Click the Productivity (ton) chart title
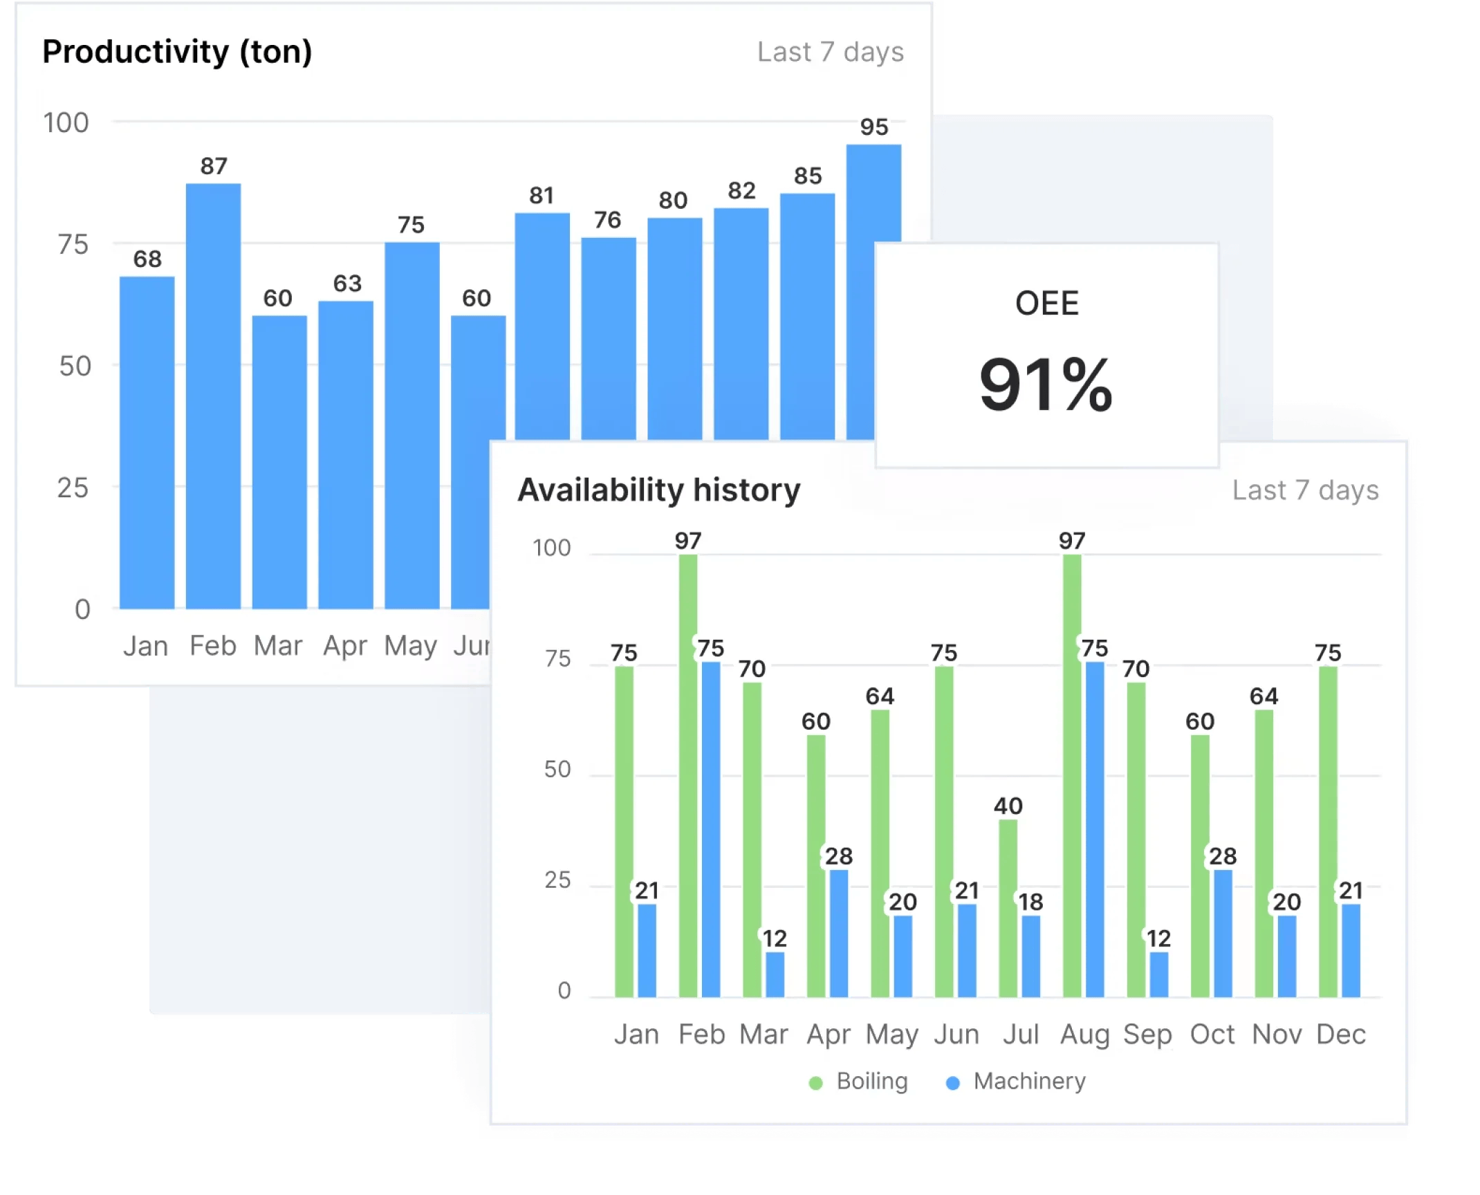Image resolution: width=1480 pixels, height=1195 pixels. (x=177, y=52)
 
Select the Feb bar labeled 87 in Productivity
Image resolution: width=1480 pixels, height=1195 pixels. (x=213, y=394)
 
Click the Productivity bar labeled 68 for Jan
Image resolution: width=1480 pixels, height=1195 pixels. (x=147, y=443)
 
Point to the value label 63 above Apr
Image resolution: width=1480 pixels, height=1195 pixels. (x=347, y=284)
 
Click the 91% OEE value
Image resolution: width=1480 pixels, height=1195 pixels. (x=1046, y=385)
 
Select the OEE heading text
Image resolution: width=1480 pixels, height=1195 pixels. (x=1046, y=304)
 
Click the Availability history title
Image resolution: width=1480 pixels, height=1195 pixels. (x=658, y=490)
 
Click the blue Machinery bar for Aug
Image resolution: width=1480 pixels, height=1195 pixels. (x=1095, y=830)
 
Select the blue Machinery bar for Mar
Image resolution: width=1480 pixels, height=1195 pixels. (x=775, y=974)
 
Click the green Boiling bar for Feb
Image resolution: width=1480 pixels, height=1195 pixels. (x=688, y=775)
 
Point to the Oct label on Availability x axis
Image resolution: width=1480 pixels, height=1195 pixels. (x=1212, y=1035)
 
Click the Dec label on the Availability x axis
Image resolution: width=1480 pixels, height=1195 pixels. (x=1340, y=1035)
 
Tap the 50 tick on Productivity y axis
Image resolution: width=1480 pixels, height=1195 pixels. (x=75, y=367)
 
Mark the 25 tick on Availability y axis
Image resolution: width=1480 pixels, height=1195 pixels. (x=557, y=880)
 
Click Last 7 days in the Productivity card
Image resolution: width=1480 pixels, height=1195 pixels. (x=830, y=53)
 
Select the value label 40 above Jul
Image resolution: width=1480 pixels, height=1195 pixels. (x=1008, y=806)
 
